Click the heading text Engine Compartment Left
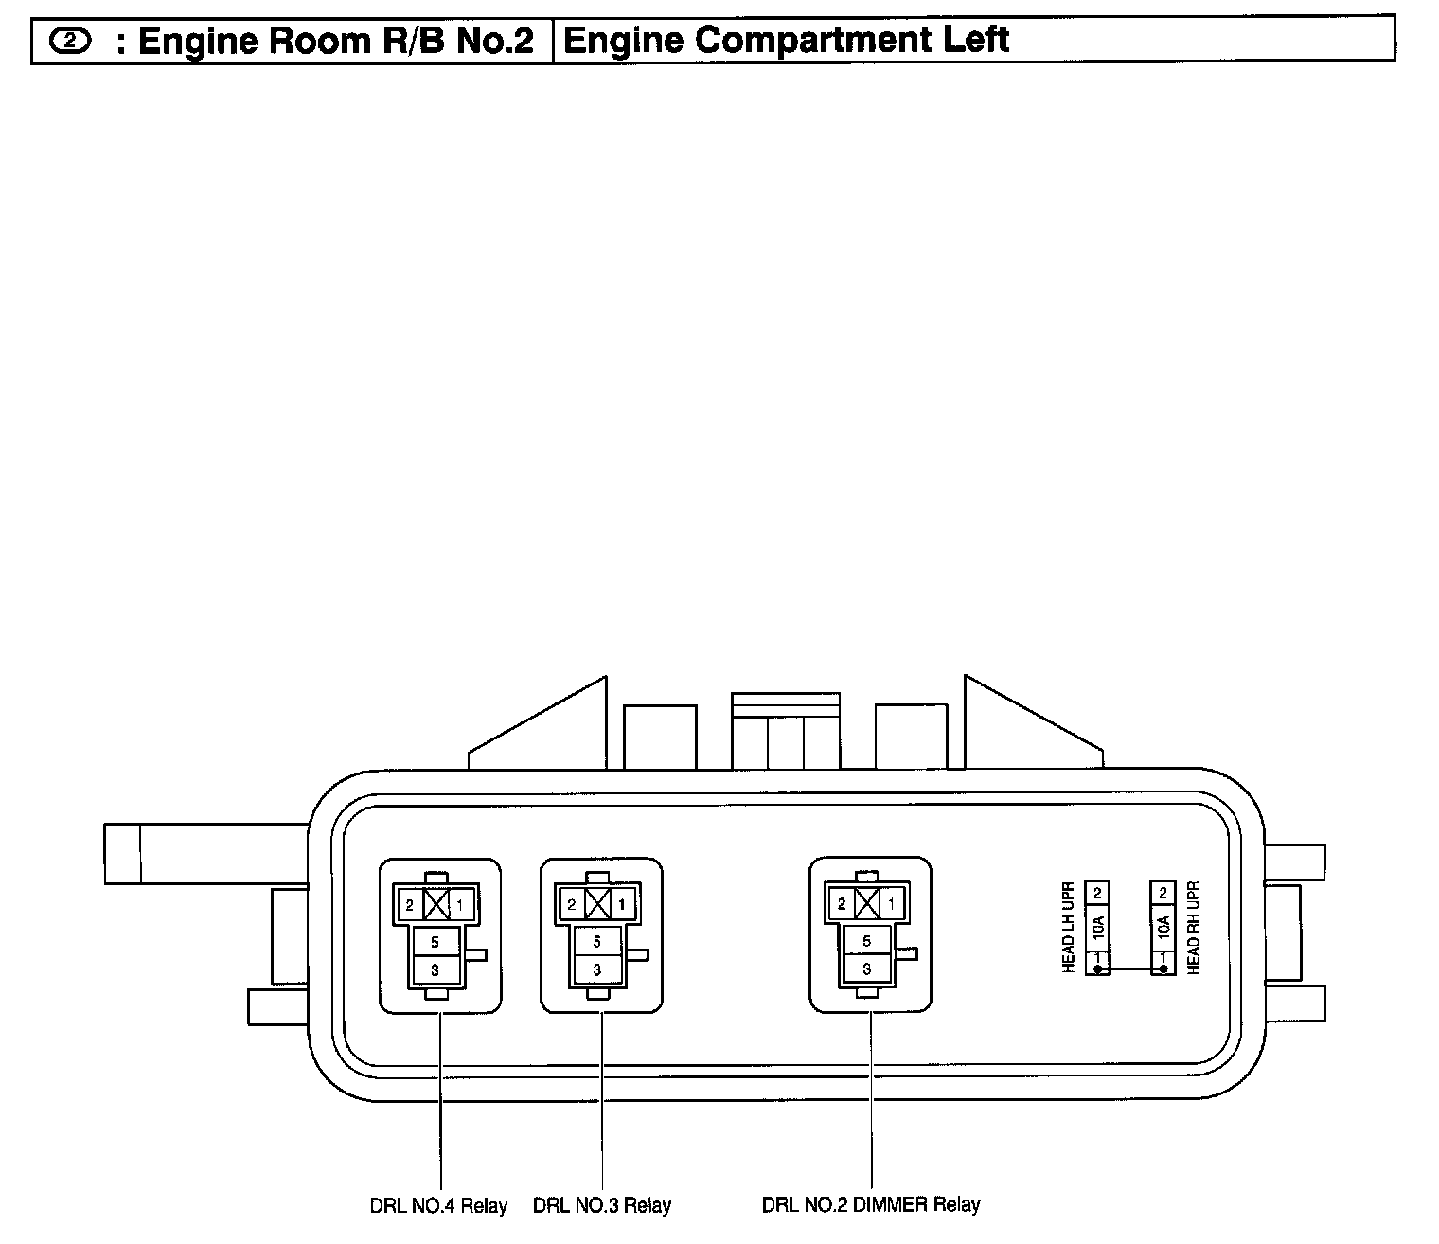(785, 41)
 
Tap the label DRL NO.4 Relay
(438, 1206)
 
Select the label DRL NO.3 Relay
(602, 1206)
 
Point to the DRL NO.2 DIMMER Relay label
(871, 1205)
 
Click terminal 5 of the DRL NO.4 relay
(435, 942)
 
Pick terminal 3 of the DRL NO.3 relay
(597, 969)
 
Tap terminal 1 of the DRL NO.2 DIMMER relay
(891, 904)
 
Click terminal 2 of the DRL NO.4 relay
(410, 905)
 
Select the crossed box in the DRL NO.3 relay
(597, 905)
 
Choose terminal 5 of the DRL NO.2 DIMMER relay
(866, 942)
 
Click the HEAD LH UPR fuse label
(1069, 928)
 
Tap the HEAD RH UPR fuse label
(1194, 928)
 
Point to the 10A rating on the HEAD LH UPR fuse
(1098, 928)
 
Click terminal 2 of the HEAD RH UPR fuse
(1163, 892)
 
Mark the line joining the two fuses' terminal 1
(1130, 969)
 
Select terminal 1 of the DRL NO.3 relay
(622, 905)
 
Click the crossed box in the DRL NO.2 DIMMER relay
(866, 904)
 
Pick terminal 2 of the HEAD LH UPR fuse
(1098, 892)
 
